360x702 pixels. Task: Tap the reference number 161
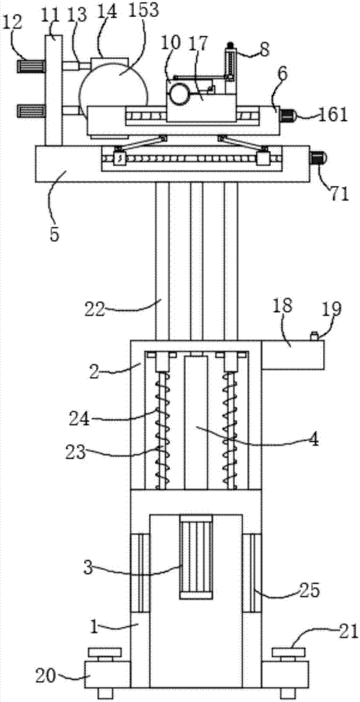click(333, 114)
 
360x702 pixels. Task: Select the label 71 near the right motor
click(338, 194)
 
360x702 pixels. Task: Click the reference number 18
click(283, 306)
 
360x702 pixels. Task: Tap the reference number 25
click(308, 590)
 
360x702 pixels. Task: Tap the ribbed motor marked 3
click(196, 557)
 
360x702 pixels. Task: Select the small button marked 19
click(314, 336)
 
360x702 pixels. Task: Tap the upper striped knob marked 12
click(32, 67)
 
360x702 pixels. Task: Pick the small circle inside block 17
click(179, 93)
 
